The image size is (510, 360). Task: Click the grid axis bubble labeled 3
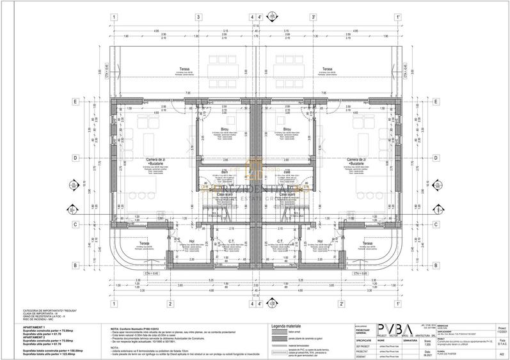(198, 17)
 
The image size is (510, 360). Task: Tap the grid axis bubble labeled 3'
(314, 17)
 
